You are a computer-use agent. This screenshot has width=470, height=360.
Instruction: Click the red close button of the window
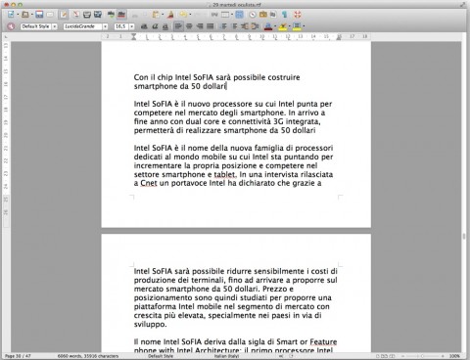7,5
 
